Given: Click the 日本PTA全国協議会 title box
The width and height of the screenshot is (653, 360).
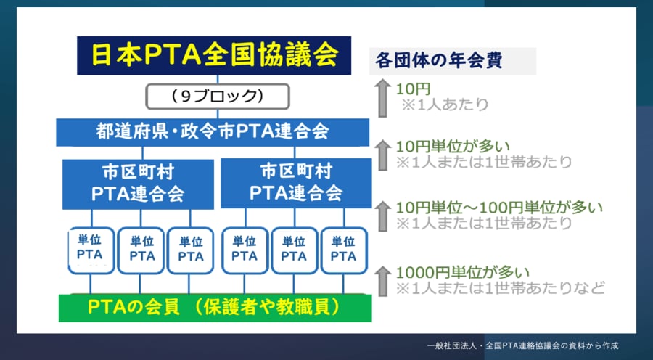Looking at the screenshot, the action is point(214,55).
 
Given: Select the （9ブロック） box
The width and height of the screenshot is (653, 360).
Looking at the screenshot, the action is point(217,97).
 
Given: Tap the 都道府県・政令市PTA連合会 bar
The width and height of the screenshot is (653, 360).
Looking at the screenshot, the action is point(213,132).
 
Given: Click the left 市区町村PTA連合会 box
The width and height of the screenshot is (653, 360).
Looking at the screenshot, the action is point(139,184).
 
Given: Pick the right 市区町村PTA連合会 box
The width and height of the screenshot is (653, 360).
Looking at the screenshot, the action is point(296,183).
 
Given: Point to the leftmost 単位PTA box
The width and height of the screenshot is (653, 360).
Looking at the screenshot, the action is point(91,250).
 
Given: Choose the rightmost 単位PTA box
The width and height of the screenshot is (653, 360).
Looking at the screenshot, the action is point(344,250).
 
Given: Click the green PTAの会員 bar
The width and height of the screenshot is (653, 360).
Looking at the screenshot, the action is point(215,308).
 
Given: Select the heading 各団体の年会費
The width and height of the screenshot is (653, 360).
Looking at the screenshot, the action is point(439,61).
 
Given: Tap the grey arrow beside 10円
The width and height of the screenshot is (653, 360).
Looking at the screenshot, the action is point(382,98).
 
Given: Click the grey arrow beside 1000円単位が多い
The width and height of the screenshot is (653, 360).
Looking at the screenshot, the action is point(382,282).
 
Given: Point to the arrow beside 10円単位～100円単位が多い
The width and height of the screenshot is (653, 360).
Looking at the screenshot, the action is point(382,216).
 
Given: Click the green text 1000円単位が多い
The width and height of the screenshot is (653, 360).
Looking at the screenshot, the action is point(463,272).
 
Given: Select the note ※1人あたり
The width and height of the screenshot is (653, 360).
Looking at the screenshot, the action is point(445,105).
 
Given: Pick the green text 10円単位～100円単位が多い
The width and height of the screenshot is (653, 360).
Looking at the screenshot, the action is point(499,208).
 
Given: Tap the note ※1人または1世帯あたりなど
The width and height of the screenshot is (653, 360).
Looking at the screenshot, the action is point(500,287).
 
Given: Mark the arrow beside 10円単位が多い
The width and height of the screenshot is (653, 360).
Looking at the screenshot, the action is point(382,155).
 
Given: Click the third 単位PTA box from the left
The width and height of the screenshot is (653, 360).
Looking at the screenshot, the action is point(190,250).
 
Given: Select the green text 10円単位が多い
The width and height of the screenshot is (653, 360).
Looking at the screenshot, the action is point(453,147).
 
